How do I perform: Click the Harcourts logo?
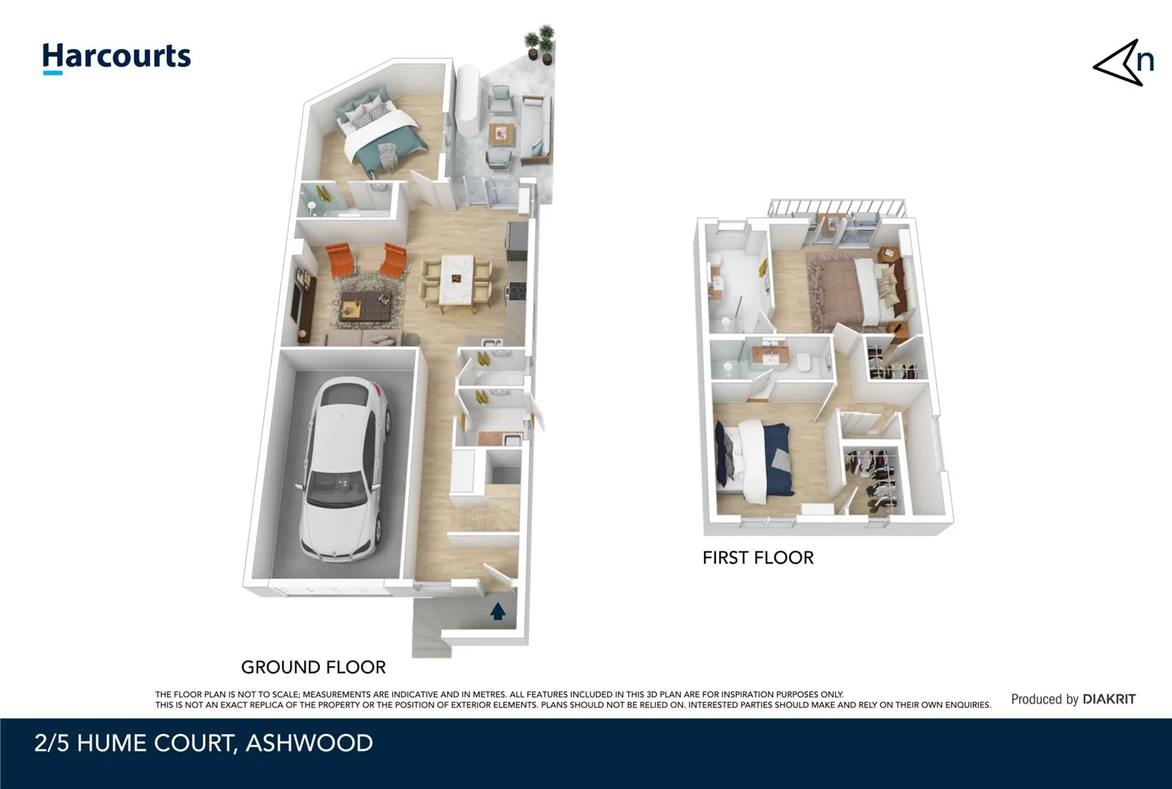click(116, 57)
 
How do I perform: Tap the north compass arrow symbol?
click(1123, 64)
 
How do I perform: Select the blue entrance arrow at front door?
click(498, 611)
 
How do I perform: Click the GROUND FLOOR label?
click(313, 667)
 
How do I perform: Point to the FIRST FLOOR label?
click(757, 557)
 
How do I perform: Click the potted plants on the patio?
click(539, 44)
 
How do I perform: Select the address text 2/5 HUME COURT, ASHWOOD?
click(203, 743)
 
